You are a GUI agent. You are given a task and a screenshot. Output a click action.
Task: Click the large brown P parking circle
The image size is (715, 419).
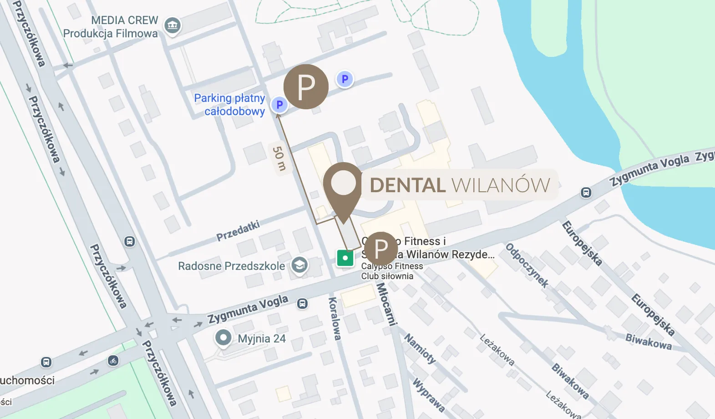pyautogui.click(x=306, y=87)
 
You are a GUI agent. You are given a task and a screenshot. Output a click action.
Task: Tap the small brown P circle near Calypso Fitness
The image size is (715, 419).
pyautogui.click(x=381, y=248)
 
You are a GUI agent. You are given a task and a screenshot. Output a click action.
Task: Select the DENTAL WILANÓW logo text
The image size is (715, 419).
pyautogui.click(x=460, y=185)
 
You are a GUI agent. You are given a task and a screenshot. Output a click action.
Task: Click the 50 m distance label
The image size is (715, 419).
pyautogui.click(x=279, y=159)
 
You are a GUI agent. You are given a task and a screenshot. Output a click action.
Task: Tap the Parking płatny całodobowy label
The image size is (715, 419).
pyautogui.click(x=230, y=105)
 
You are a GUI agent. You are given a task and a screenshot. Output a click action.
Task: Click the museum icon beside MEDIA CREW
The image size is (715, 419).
pyautogui.click(x=172, y=25)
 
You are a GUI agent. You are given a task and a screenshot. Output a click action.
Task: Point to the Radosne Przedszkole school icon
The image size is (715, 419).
pyautogui.click(x=299, y=265)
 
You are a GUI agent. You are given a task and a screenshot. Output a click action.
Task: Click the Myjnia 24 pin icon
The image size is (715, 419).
pyautogui.click(x=223, y=338)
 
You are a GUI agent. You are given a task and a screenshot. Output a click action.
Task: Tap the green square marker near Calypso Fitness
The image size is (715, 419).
pyautogui.click(x=345, y=258)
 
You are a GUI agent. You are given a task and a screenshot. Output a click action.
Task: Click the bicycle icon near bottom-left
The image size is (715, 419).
pyautogui.click(x=113, y=361)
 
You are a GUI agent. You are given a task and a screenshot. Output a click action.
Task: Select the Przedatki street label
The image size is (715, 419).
pyautogui.click(x=238, y=231)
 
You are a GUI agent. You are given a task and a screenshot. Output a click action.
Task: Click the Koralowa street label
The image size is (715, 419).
pyautogui.click(x=335, y=319)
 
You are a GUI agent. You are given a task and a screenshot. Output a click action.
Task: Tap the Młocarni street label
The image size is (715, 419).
pyautogui.click(x=386, y=304)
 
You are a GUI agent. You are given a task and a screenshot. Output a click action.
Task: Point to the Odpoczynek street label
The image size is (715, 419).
pyautogui.click(x=527, y=266)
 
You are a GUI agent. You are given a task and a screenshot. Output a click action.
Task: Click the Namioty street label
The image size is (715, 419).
pyautogui.click(x=420, y=348)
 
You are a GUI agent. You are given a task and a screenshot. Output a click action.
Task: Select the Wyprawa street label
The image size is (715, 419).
pyautogui.click(x=428, y=394)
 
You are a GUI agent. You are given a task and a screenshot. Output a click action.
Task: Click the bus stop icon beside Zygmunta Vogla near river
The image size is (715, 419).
pyautogui.click(x=586, y=193)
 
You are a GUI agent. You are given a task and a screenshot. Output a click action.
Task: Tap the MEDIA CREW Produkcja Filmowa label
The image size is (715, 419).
pyautogui.click(x=111, y=27)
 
